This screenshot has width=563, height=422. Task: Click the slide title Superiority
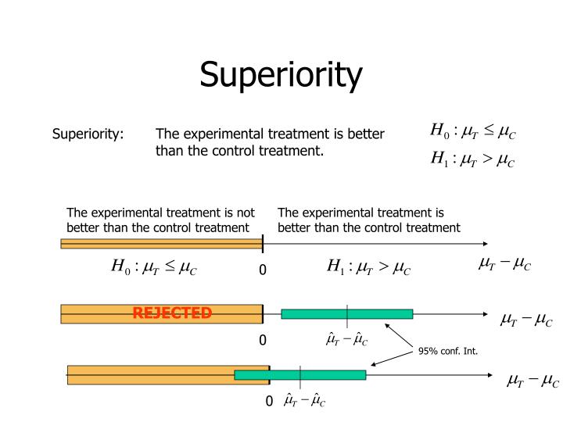point(281,76)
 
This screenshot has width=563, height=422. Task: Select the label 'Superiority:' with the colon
point(88,134)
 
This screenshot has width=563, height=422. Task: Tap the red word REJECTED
point(172,313)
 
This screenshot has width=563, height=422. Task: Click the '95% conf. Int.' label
point(447,351)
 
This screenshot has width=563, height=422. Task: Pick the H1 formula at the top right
point(473,160)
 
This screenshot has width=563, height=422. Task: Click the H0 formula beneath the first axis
point(154,269)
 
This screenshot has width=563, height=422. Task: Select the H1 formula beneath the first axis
point(368,269)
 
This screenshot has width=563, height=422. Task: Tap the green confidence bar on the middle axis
point(346,314)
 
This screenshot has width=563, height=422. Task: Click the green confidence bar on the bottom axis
point(299,375)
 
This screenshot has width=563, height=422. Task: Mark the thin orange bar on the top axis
point(161,244)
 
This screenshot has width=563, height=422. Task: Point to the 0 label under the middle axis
point(263,341)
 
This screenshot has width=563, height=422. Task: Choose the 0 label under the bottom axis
point(268,402)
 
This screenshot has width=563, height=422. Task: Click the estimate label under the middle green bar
point(346,340)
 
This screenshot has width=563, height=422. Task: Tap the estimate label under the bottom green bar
point(305,401)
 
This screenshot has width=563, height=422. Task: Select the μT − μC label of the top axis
point(504,265)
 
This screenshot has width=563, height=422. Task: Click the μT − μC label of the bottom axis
point(533,381)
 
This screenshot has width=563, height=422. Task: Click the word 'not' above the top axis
point(246,212)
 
